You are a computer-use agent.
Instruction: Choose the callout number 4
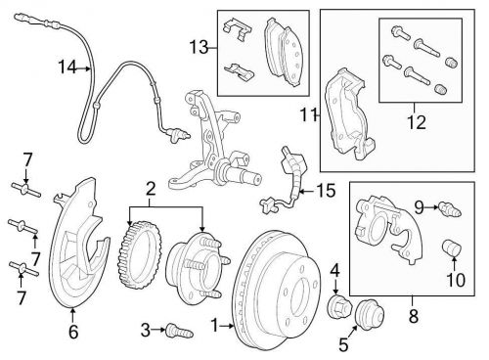click(334, 267)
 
